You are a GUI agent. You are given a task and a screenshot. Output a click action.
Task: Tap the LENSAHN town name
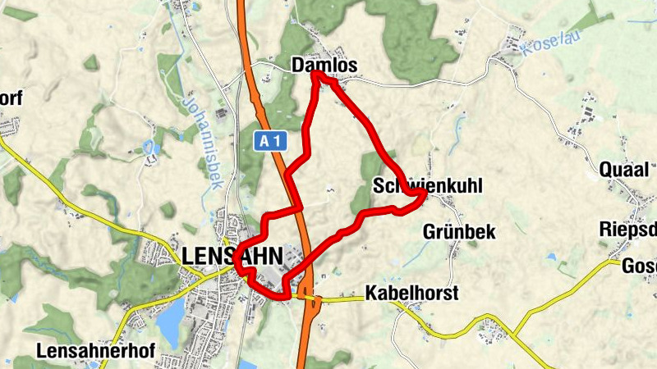(x=234, y=255)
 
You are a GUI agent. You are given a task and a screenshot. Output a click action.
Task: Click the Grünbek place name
(x=459, y=232)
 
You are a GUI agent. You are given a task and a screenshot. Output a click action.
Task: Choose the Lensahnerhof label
(x=95, y=351)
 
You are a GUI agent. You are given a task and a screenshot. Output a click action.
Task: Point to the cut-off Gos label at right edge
(x=640, y=266)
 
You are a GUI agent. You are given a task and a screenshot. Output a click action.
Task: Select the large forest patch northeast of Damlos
(x=411, y=33)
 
